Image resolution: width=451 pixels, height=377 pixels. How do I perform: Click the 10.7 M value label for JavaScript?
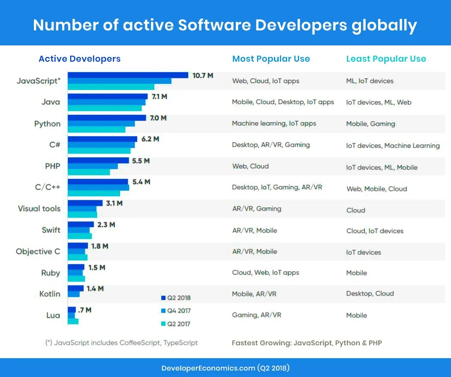tap(203, 76)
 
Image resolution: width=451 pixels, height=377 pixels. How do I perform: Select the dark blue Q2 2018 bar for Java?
tap(108, 96)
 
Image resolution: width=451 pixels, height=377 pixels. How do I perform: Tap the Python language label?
tap(47, 124)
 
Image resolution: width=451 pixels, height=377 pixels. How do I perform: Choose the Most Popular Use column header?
tap(271, 59)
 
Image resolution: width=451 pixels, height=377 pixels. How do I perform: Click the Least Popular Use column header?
tap(386, 59)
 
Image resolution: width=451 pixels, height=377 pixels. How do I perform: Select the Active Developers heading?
tap(80, 59)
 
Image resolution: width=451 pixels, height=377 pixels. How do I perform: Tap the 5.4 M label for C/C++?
tap(141, 182)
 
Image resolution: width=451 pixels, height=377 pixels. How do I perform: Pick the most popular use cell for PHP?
tap(250, 166)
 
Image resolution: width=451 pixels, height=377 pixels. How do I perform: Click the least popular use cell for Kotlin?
tap(370, 293)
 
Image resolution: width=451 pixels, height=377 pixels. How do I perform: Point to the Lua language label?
tap(53, 315)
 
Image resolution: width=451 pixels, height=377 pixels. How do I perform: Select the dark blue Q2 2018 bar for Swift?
tap(81, 224)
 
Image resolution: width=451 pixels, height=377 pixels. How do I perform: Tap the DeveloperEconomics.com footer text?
tap(225, 368)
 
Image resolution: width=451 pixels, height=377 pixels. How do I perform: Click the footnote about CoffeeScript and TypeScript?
tap(122, 343)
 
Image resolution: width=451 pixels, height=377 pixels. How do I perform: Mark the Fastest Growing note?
tap(307, 343)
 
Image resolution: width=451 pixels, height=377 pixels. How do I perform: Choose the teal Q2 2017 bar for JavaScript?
tap(111, 87)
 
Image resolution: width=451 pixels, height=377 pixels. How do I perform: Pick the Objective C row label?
tap(38, 251)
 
